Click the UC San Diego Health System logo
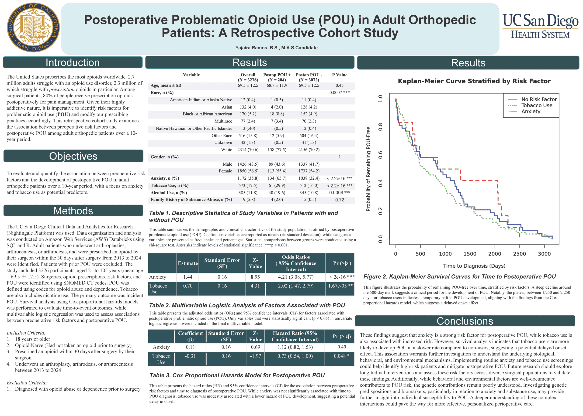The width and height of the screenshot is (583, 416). (540, 26)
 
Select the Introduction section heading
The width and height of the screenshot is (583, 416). (73, 62)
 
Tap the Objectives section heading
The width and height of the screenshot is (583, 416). (73, 156)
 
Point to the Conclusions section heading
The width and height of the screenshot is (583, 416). (465, 321)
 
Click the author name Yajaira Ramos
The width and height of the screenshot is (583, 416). (276, 48)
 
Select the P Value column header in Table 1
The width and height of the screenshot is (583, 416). (339, 75)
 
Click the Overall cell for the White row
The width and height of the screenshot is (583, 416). (248, 150)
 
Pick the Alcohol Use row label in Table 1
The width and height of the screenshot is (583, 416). (169, 193)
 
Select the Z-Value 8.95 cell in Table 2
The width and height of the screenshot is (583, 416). (255, 277)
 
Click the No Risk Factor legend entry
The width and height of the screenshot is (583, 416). (539, 99)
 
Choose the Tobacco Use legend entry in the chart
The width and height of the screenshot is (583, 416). (537, 106)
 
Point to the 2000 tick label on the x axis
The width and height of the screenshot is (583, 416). (495, 254)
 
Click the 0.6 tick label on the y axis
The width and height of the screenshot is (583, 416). (380, 155)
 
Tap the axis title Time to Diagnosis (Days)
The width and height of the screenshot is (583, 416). (474, 266)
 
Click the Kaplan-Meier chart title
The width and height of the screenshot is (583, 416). (474, 81)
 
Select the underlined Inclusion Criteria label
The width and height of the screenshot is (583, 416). (26, 333)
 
